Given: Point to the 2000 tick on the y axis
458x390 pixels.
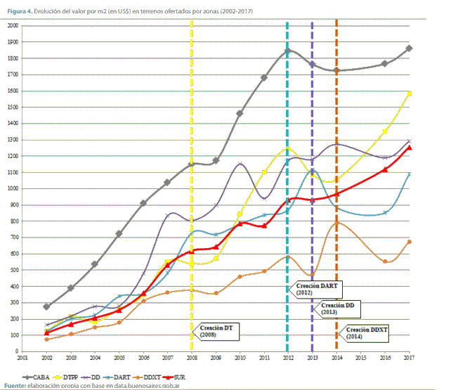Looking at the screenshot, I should [x=12, y=25].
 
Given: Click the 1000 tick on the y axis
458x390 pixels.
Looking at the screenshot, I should [x=12, y=188].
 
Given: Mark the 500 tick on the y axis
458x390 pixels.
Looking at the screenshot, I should [x=13, y=270].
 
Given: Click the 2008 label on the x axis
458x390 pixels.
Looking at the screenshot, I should [x=192, y=358].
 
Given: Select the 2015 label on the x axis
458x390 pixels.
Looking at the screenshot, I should [x=361, y=358].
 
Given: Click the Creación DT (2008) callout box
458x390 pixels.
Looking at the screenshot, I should [x=216, y=331].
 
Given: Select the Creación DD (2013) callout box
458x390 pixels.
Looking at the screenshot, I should [x=340, y=309].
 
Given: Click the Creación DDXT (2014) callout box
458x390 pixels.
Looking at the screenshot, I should [x=369, y=334].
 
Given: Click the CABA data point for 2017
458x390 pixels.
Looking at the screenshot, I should [x=410, y=48].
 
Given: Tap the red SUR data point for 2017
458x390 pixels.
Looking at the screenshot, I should [x=410, y=148].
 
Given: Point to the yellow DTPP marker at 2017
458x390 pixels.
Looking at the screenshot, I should [x=410, y=93].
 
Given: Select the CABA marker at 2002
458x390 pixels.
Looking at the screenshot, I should [x=47, y=306].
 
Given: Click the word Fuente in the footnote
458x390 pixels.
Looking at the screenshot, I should [x=15, y=386].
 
